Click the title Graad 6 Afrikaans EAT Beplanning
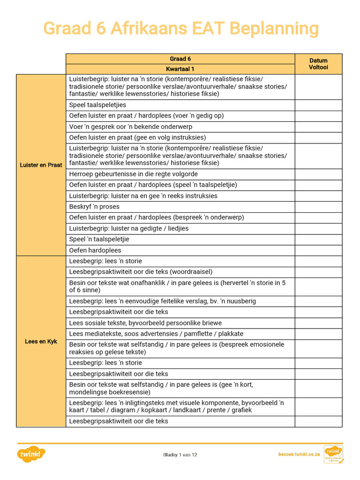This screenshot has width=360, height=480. [180, 29]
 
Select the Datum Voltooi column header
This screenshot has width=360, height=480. [318, 64]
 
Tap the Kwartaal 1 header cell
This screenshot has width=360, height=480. [180, 69]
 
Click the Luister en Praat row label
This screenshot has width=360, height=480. [41, 165]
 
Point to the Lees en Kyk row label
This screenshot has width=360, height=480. [41, 341]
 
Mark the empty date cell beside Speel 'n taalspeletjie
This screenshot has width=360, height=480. [318, 240]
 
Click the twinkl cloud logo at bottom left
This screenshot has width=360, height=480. [31, 454]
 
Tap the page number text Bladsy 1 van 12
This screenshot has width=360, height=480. [180, 455]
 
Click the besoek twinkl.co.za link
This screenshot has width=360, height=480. [299, 454]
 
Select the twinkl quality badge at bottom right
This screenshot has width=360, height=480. [333, 454]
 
